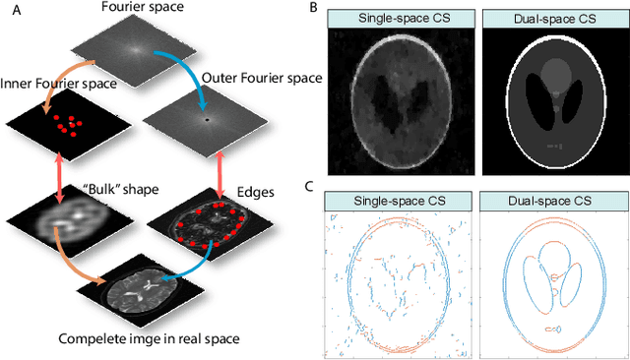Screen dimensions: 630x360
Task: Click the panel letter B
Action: (312, 8)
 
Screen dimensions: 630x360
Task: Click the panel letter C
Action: (312, 185)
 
